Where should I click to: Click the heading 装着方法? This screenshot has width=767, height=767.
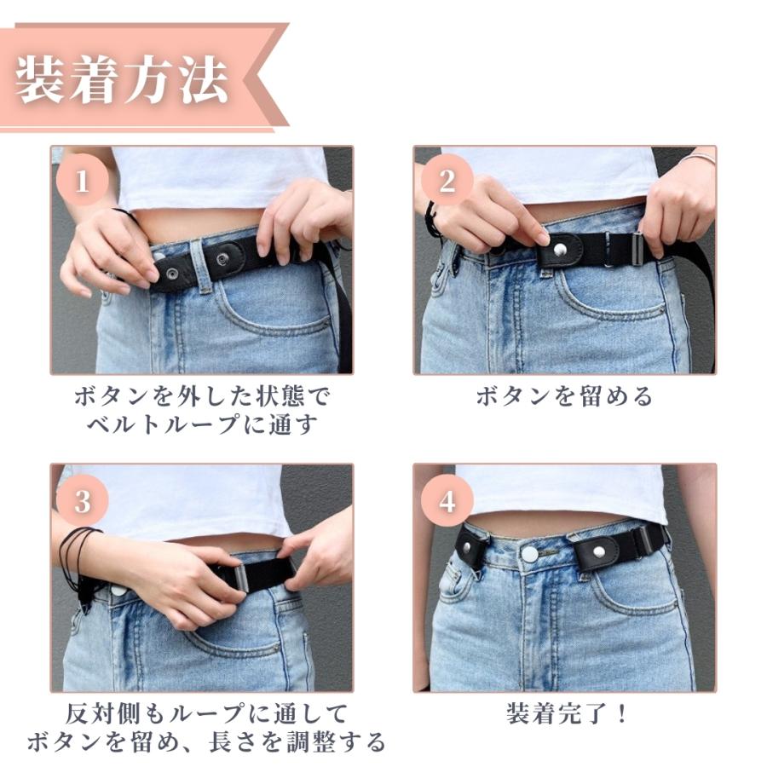pyautogui.click(x=122, y=81)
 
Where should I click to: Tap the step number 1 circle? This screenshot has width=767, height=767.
pyautogui.click(x=82, y=180)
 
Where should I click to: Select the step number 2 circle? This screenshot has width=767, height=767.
pyautogui.click(x=447, y=180)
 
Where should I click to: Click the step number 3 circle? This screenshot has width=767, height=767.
pyautogui.click(x=82, y=500)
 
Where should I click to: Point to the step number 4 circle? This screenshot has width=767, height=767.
pyautogui.click(x=447, y=500)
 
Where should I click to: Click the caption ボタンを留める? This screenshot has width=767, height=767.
pyautogui.click(x=564, y=395)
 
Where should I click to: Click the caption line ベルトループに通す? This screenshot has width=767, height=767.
pyautogui.click(x=203, y=424)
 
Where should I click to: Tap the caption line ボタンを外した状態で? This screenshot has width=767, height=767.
pyautogui.click(x=203, y=395)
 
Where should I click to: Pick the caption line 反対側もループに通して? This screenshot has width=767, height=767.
pyautogui.click(x=206, y=713)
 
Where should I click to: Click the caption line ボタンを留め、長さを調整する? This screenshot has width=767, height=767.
pyautogui.click(x=206, y=741)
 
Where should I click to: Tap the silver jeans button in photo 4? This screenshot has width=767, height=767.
pyautogui.click(x=530, y=554)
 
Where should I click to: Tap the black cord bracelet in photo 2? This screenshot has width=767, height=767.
pyautogui.click(x=432, y=219)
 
